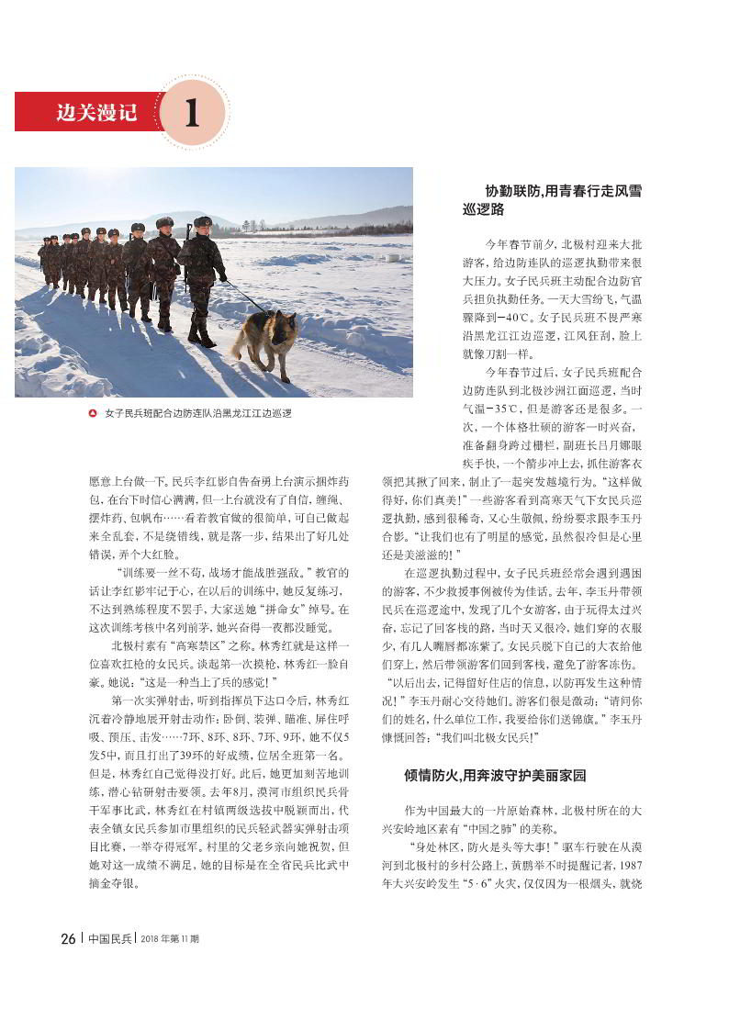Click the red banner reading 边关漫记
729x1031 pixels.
87,113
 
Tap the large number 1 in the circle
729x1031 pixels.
192,114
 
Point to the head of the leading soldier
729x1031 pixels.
203,223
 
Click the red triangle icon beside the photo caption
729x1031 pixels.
92,414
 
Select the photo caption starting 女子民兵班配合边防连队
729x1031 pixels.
198,414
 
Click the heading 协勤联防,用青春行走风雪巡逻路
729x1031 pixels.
552,200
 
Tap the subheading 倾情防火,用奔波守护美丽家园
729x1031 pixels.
495,775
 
